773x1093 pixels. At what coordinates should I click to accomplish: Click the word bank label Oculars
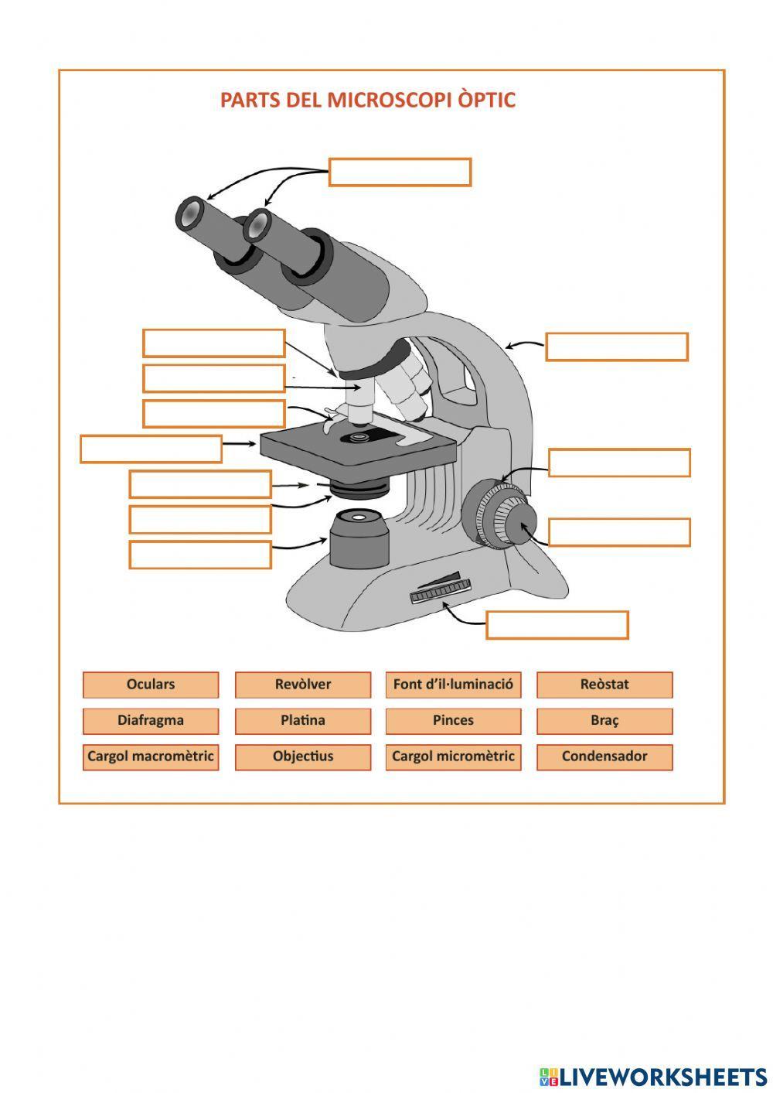tap(151, 685)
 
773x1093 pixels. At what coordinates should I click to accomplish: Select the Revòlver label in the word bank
tap(302, 685)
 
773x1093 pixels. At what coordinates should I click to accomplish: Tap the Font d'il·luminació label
tap(453, 685)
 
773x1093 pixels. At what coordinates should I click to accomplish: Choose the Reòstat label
tap(604, 685)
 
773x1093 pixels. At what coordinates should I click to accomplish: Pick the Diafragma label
tap(151, 721)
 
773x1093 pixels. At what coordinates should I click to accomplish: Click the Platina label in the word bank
tap(302, 721)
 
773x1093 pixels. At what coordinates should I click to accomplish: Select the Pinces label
tap(453, 721)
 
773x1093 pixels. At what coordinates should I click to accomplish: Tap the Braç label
tap(604, 721)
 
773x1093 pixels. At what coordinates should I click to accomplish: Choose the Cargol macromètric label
tap(151, 757)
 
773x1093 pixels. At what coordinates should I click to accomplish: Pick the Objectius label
tap(302, 757)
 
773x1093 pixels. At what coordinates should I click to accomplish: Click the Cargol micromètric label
tap(453, 757)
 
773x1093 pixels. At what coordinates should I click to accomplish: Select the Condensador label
tap(604, 757)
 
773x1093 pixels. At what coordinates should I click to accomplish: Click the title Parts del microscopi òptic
tap(367, 101)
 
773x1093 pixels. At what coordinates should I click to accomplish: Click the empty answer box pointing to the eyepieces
tap(400, 172)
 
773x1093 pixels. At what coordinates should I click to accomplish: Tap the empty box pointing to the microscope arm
tap(616, 347)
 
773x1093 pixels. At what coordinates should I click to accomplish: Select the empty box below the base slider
tap(557, 625)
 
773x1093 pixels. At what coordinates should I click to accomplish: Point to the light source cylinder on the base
tap(359, 539)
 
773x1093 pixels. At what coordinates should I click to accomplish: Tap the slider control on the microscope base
tap(440, 589)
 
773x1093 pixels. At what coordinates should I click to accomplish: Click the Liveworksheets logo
tap(652, 1076)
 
